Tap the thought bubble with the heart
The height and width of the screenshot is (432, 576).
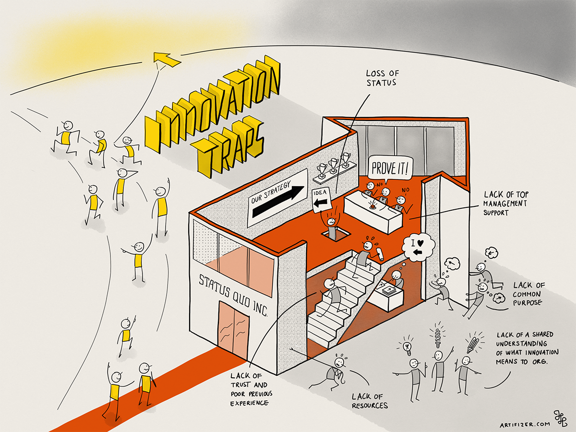[418, 246]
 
